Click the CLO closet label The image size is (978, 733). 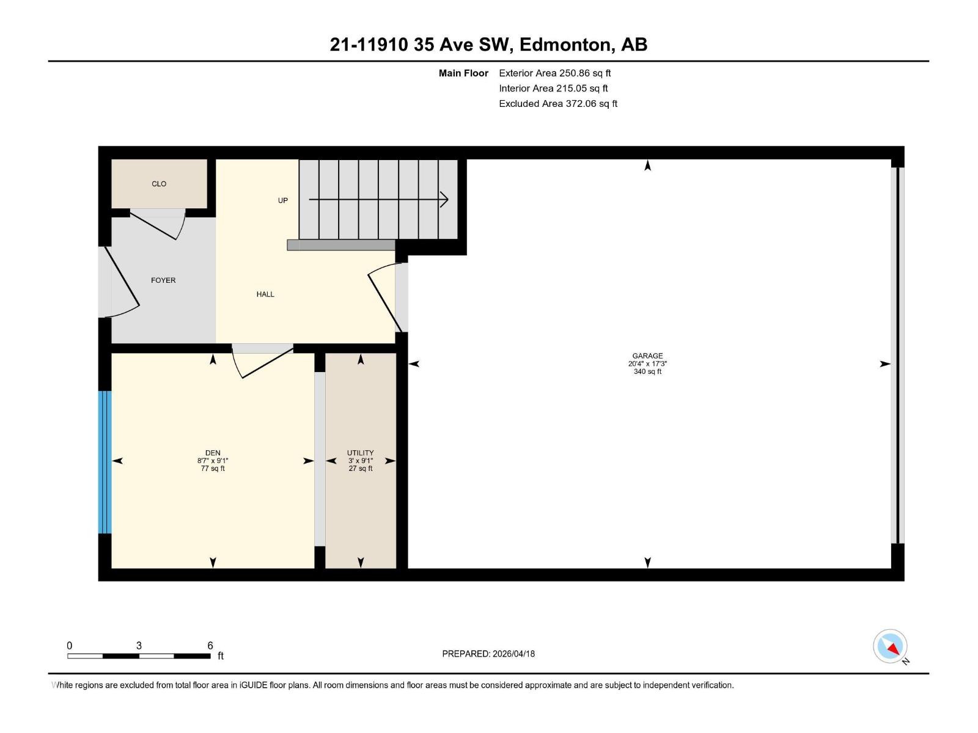[x=159, y=184]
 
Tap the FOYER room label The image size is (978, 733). [x=163, y=280]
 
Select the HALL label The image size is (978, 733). [x=265, y=294]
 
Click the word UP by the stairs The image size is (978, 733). [x=283, y=200]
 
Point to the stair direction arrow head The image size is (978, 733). [x=445, y=199]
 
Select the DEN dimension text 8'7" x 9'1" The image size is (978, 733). [x=213, y=461]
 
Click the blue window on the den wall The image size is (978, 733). [x=105, y=462]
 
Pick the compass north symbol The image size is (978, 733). [x=891, y=647]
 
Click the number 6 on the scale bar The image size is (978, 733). [x=210, y=646]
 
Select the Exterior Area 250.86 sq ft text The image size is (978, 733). [x=554, y=73]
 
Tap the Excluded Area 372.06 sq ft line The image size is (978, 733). [x=557, y=104]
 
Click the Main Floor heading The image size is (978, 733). [x=463, y=73]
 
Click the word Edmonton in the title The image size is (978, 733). [x=565, y=45]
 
